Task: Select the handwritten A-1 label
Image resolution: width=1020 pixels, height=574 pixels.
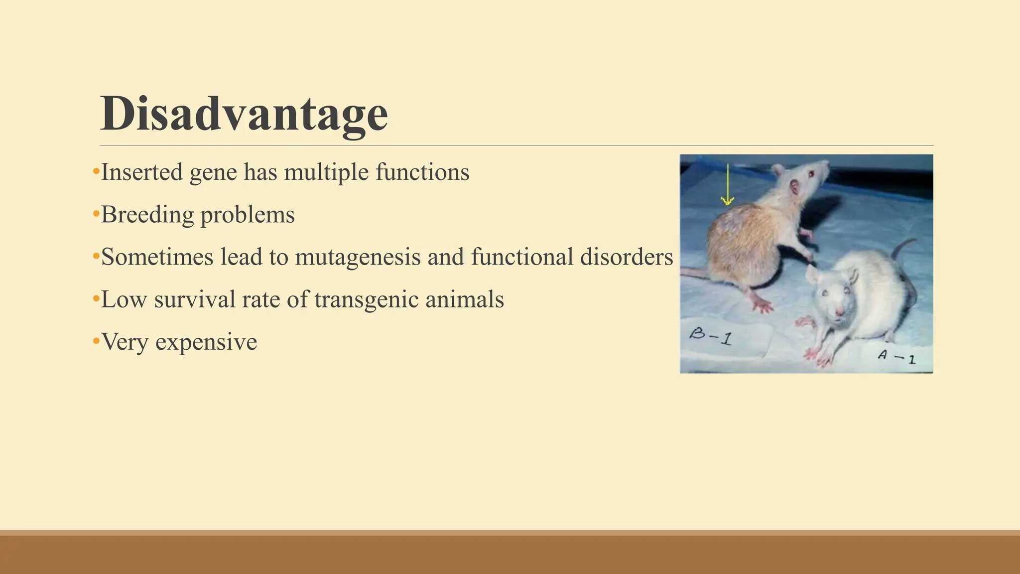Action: pyautogui.click(x=896, y=357)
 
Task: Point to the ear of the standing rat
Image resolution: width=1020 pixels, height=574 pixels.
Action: pyautogui.click(x=795, y=187)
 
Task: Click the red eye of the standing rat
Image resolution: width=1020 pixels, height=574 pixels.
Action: pyautogui.click(x=811, y=174)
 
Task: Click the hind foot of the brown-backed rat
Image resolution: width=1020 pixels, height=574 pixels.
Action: pyautogui.click(x=760, y=302)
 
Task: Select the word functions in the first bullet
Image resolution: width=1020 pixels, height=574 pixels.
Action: pyautogui.click(x=422, y=172)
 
